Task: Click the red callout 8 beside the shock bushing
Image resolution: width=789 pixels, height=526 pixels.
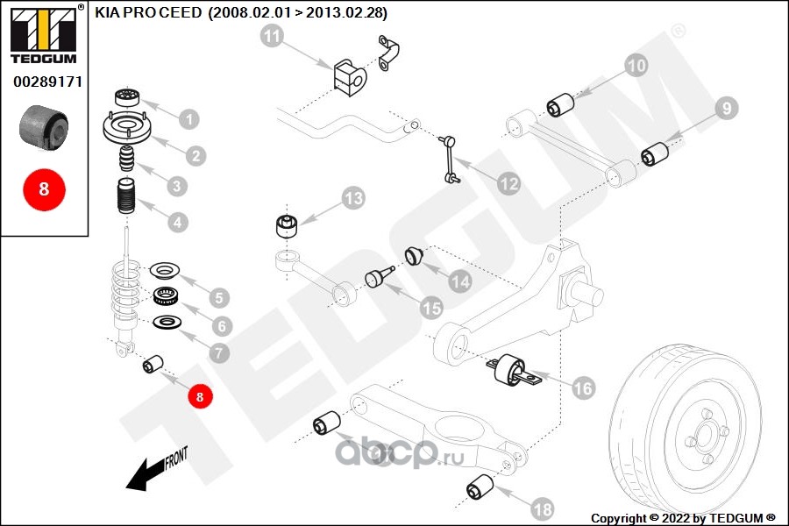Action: click(200, 396)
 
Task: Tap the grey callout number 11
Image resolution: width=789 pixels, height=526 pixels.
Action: click(273, 37)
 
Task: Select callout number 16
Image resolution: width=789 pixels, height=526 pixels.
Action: click(583, 387)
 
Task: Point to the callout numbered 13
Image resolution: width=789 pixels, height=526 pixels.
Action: click(352, 198)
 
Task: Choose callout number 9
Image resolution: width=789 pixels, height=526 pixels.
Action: click(725, 109)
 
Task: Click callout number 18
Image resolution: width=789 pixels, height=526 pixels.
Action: click(542, 508)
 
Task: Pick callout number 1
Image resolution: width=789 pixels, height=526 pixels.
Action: click(188, 118)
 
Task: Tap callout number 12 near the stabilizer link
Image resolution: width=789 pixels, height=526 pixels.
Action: click(508, 184)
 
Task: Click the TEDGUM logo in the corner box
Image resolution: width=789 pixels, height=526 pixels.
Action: click(44, 37)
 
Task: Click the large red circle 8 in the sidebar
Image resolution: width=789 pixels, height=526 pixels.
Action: click(44, 188)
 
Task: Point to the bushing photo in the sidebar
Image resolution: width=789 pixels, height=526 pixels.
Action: click(44, 127)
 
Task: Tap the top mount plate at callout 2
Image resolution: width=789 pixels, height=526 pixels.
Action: click(128, 128)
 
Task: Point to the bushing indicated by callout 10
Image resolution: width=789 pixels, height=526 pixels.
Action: click(561, 104)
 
